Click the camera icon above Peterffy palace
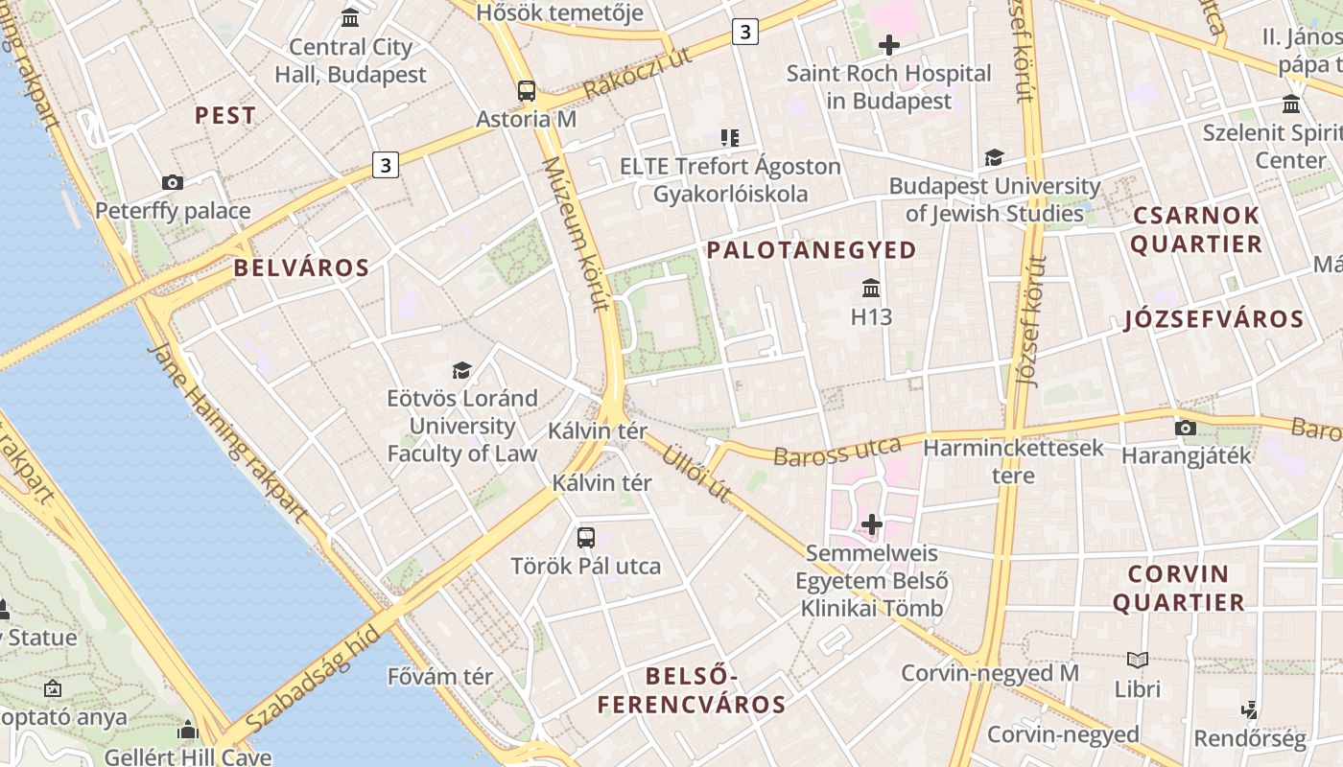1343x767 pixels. (173, 182)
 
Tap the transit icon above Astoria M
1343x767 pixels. (527, 91)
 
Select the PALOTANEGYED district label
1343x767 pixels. (812, 250)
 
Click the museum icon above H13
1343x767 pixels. (871, 288)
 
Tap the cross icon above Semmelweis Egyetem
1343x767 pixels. (871, 524)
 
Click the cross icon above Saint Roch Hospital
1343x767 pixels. (889, 44)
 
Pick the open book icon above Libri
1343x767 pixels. (1138, 660)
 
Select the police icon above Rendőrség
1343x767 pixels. (1249, 710)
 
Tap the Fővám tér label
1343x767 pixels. (440, 677)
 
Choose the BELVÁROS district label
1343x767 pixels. (301, 268)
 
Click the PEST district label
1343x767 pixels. (225, 116)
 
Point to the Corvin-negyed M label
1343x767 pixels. (990, 673)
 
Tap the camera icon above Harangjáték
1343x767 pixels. (1186, 428)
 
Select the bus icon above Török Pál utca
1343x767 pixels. (586, 538)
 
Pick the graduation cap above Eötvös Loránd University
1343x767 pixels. (462, 370)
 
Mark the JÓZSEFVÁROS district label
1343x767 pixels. (1213, 320)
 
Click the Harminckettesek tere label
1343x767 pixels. (1013, 461)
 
